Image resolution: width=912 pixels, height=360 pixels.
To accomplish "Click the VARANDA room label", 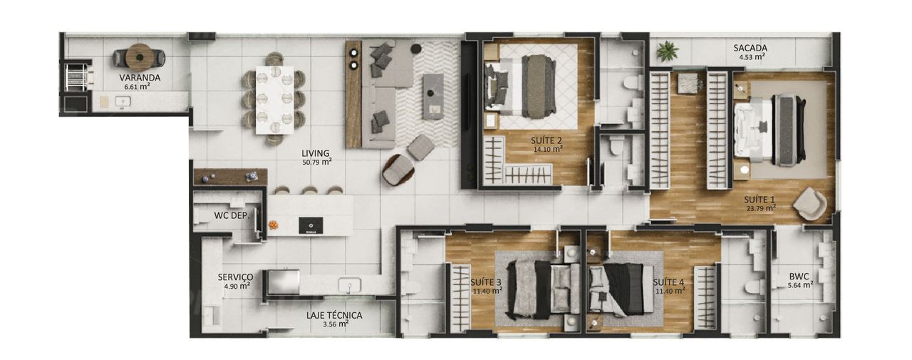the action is point(140,78).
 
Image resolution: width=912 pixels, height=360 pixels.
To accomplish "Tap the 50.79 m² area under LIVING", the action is point(317,162).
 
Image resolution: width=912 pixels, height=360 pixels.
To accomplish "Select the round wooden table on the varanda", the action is point(139,58).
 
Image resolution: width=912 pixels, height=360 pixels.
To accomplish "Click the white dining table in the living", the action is point(275,100).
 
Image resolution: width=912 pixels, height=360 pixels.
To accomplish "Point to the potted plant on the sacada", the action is point(668,51).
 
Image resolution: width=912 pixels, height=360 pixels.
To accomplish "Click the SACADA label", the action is point(750,48).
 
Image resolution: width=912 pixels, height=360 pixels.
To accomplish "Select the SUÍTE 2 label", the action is point(547,141).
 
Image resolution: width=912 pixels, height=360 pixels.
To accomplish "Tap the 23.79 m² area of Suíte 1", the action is point(761,208).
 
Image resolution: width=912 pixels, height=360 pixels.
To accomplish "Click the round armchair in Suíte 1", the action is point(810,204).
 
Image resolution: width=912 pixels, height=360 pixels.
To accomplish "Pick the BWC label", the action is point(799,277).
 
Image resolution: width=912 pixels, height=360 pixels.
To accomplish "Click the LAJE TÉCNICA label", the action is point(334,315).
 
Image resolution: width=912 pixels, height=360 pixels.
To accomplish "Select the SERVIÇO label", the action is point(235,277).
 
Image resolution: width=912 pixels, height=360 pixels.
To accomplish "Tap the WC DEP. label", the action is point(232,215).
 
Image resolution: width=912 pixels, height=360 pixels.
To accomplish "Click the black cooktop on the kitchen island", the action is point(311,225).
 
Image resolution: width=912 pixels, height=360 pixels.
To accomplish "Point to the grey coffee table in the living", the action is point(432,96).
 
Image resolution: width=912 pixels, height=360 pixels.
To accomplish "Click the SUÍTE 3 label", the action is point(486,282).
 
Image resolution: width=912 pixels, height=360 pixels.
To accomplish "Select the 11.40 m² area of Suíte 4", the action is point(670,291).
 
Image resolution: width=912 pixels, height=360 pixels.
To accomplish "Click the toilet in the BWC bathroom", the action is point(755,287).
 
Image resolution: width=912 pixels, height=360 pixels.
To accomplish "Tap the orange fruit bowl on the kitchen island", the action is point(273,225).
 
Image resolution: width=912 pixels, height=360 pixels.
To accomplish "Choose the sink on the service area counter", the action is point(349,285).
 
